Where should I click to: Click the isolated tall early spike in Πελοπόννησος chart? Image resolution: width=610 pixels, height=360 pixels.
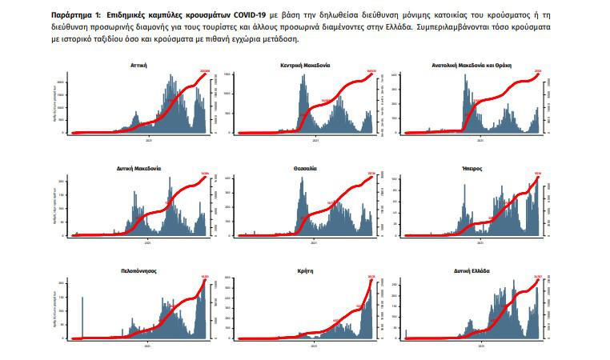tap(82, 317)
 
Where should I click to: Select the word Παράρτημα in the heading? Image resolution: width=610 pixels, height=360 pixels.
tap(71, 15)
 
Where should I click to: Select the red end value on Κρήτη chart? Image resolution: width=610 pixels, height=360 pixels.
tap(371, 278)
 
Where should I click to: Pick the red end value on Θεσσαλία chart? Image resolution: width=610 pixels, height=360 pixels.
tap(371, 174)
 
